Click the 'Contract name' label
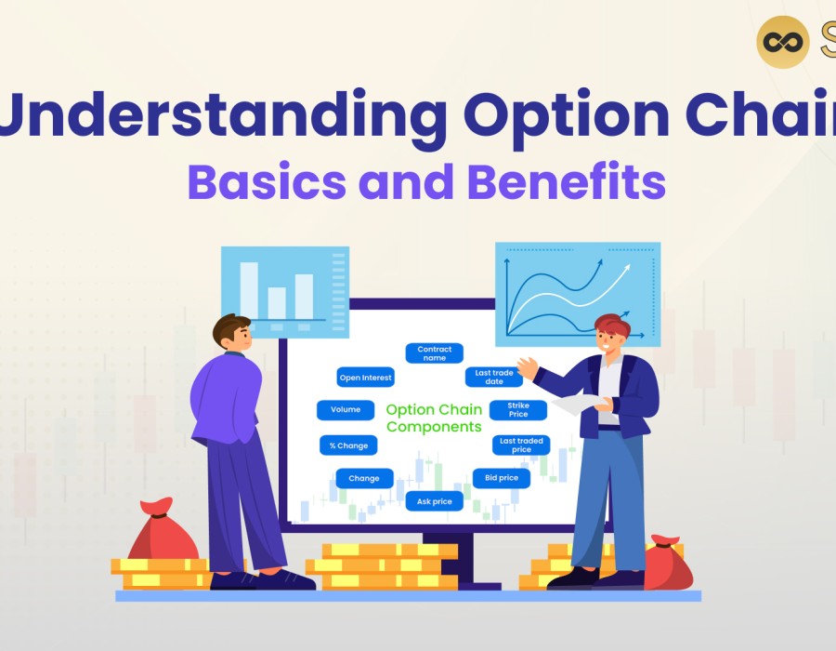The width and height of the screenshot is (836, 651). click(x=434, y=353)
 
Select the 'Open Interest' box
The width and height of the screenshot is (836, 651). click(x=365, y=378)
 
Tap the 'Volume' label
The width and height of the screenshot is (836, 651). click(x=346, y=410)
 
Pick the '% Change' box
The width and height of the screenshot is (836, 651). click(x=348, y=445)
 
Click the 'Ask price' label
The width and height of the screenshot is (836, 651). click(x=434, y=501)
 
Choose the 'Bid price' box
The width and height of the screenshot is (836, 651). click(x=502, y=478)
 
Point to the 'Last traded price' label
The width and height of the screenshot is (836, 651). click(x=521, y=445)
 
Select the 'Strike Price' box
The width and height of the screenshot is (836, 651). click(x=518, y=410)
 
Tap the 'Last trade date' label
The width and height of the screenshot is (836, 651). click(x=494, y=378)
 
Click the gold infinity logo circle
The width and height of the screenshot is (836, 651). click(x=783, y=42)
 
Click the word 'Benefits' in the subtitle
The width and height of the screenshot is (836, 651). click(x=567, y=181)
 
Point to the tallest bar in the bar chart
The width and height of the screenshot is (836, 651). click(x=249, y=291)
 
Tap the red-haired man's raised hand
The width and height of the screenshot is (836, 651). click(x=528, y=368)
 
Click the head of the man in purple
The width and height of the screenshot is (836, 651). click(x=232, y=332)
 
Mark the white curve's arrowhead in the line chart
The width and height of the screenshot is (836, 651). click(x=625, y=269)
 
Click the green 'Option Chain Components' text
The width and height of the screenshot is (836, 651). click(x=434, y=418)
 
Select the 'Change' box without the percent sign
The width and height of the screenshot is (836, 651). click(x=364, y=478)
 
